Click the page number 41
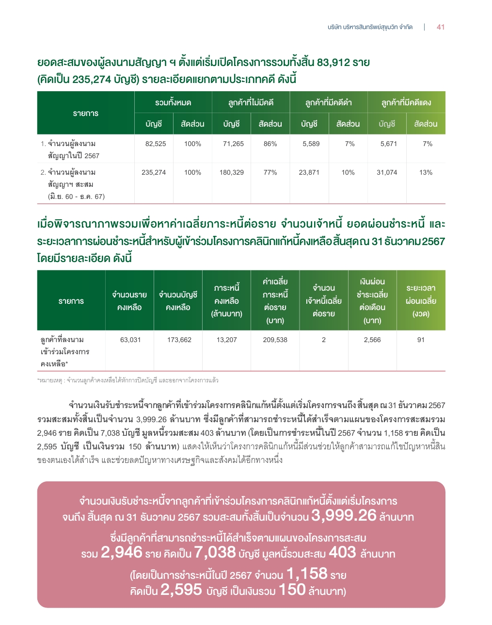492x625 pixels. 440,27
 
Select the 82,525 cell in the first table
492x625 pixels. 156,144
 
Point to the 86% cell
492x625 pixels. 270,144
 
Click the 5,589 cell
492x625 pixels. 311,144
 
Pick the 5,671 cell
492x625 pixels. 388,144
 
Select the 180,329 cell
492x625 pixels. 232,173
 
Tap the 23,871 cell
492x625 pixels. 309,173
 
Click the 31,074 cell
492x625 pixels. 387,173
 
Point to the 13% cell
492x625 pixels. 426,173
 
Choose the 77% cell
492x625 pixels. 270,173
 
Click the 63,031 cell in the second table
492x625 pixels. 130,340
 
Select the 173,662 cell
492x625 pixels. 179,340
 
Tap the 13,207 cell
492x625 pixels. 227,340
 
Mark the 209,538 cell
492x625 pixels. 275,340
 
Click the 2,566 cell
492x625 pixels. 372,340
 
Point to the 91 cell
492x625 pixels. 421,340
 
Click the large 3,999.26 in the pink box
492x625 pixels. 344,515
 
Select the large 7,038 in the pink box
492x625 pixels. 215,553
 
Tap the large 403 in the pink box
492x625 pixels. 342,553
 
